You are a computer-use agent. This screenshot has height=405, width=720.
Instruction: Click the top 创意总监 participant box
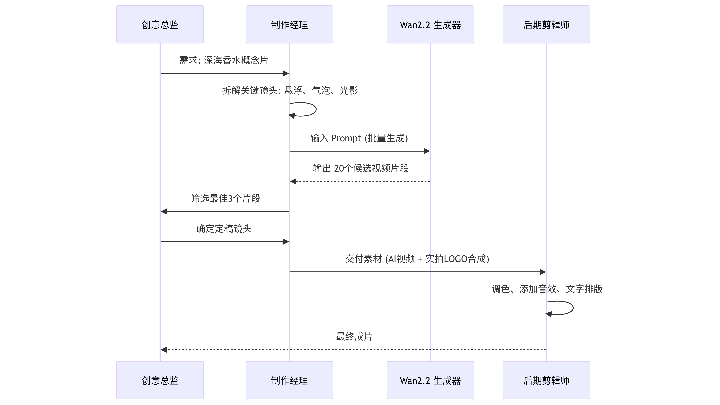[x=160, y=24]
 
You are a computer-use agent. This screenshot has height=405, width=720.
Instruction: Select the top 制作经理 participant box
[x=289, y=24]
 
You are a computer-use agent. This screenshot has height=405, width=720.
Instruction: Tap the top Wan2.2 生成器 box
[x=430, y=24]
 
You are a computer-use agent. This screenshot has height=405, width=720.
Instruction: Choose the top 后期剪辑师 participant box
[x=546, y=24]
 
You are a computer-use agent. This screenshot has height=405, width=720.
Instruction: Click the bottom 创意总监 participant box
[x=160, y=380]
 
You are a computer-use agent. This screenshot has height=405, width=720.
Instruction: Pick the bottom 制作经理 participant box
[x=289, y=380]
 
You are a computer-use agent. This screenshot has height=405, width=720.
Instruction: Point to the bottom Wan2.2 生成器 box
[x=430, y=380]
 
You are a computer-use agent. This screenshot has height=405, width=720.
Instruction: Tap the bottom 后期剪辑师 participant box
[x=546, y=380]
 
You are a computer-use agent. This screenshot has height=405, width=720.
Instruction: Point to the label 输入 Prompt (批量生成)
[x=359, y=138]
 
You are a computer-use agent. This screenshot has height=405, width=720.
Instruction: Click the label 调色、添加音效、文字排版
[x=547, y=289]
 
